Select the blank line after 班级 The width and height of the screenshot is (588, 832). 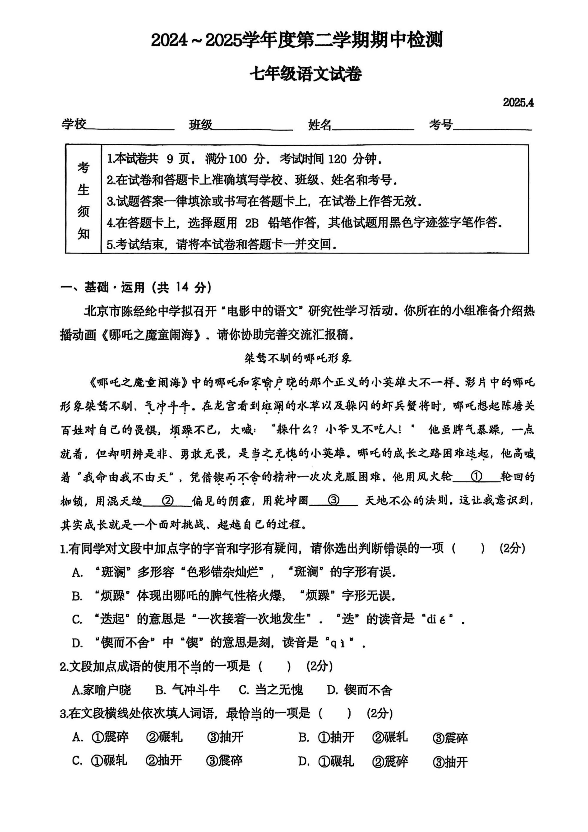pos(253,128)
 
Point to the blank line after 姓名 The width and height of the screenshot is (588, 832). pos(373,128)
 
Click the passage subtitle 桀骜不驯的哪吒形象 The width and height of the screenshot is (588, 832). pos(298,358)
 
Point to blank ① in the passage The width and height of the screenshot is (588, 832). pos(476,477)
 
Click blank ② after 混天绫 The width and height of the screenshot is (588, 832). pos(167,501)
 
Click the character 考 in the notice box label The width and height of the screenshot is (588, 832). pos(83,167)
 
